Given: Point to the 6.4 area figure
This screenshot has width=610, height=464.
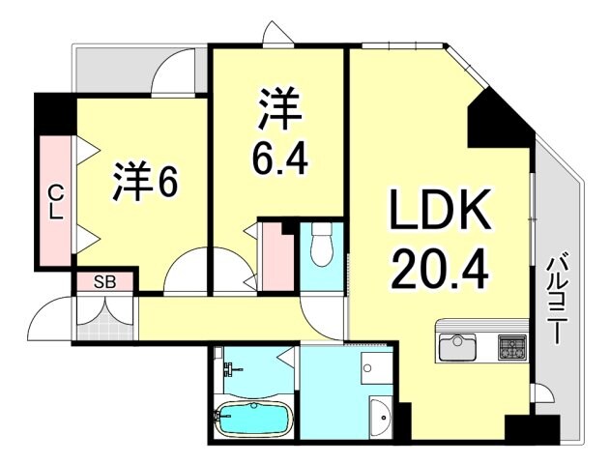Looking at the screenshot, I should (280, 159).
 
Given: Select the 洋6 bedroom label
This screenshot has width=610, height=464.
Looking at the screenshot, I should (145, 184).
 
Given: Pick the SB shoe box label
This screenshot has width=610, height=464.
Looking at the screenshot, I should (105, 282).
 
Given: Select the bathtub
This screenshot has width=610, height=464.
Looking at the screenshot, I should (251, 420).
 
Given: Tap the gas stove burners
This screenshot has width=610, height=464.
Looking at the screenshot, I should (511, 345).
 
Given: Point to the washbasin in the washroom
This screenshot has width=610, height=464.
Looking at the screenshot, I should (380, 415).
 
